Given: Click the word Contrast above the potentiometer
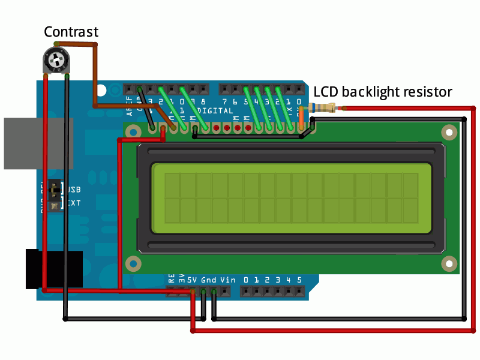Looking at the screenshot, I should coord(71,32).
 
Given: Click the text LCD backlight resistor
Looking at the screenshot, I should coord(383,92).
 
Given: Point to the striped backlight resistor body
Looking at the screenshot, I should coord(322,109).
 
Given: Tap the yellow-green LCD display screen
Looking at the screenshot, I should coord(291,197).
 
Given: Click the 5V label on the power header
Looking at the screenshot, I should coord(192,280).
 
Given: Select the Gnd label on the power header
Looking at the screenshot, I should coord(209,280).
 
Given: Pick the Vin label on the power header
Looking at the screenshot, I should coord(228,280).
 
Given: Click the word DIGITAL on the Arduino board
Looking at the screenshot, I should coord(215,112).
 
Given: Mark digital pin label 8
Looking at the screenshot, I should coord(204,102).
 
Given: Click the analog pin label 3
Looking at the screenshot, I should coord(278,280).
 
